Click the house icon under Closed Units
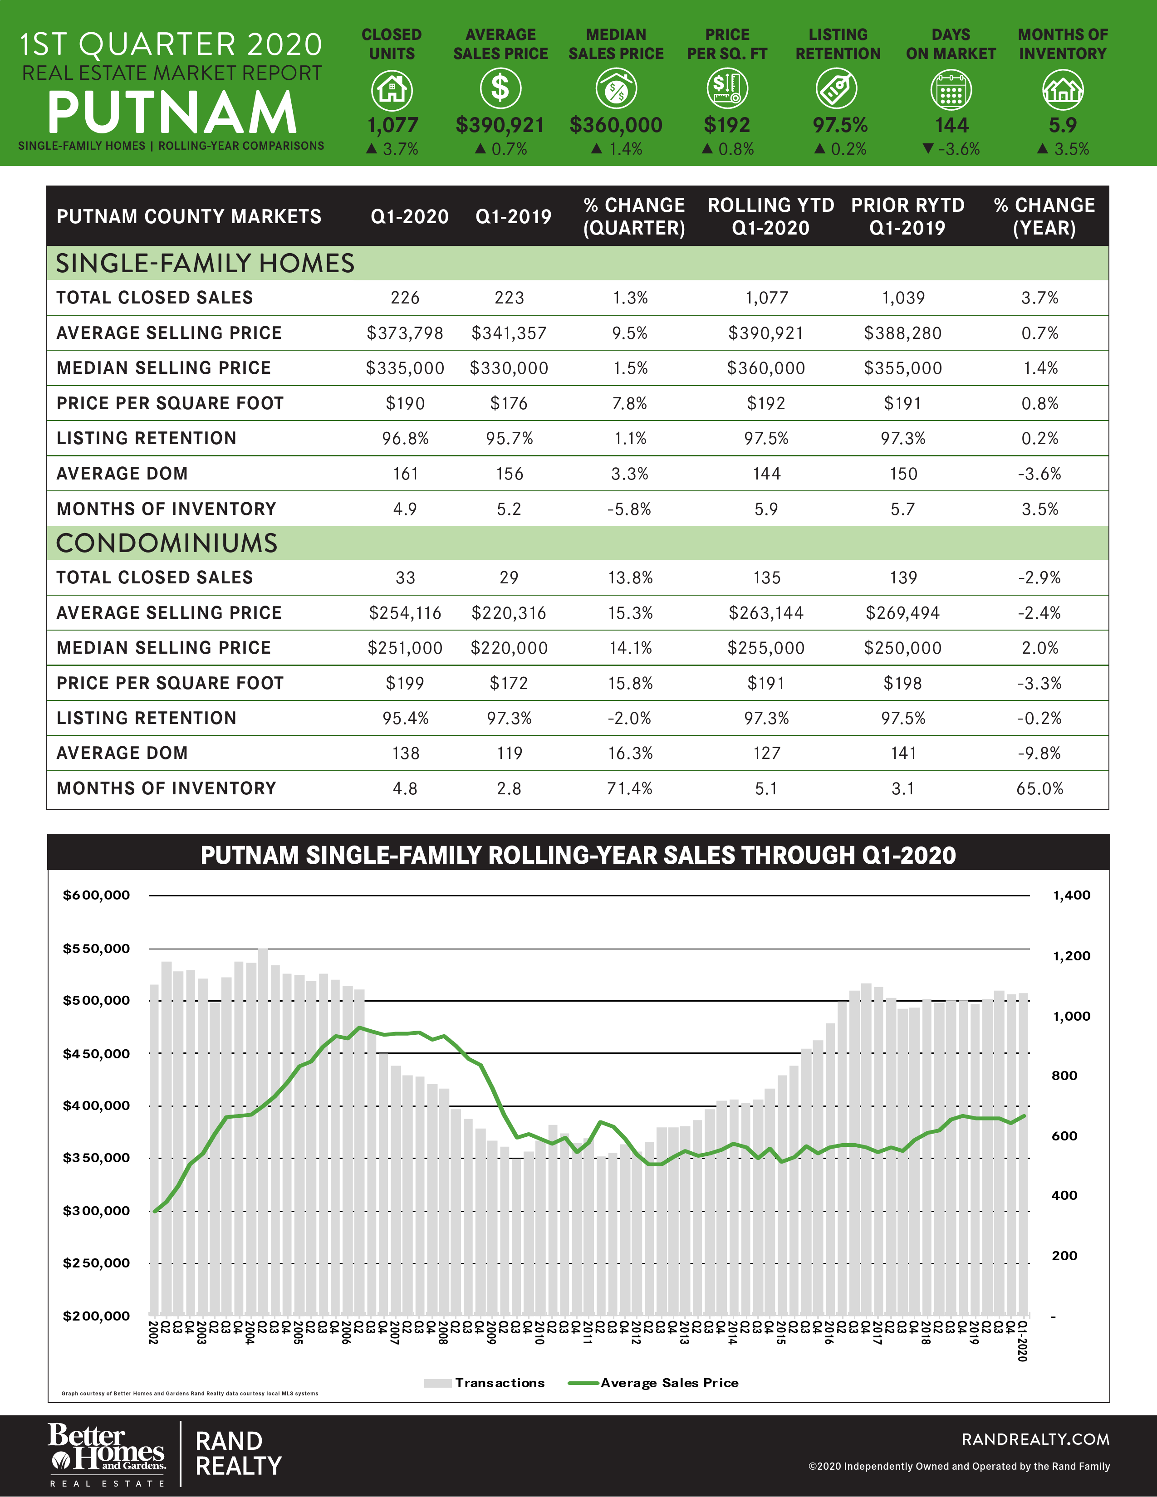pyautogui.click(x=392, y=90)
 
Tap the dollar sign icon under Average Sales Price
pyautogui.click(x=500, y=89)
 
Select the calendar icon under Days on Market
pyautogui.click(x=951, y=90)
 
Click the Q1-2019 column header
pyautogui.click(x=513, y=216)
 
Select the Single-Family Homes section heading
pyautogui.click(x=205, y=263)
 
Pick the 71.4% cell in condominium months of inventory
pyautogui.click(x=629, y=788)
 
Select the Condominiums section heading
pyautogui.click(x=167, y=543)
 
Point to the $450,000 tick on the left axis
pyautogui.click(x=96, y=1053)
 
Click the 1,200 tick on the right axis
pyautogui.click(x=1071, y=955)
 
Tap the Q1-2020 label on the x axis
pyautogui.click(x=1022, y=1341)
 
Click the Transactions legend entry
pyautogui.click(x=485, y=1383)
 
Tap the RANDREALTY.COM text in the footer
pyautogui.click(x=1035, y=1439)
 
